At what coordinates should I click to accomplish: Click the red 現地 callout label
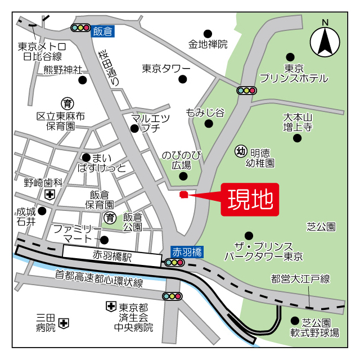tap(250, 199)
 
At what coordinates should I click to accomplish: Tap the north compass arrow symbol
tap(325, 41)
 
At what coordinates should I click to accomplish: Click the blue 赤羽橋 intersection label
tap(187, 251)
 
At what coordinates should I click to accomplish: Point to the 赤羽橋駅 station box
tap(112, 256)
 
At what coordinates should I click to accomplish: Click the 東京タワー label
tap(166, 69)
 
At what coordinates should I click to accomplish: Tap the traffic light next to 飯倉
tap(81, 27)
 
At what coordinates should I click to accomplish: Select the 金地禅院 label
tap(208, 44)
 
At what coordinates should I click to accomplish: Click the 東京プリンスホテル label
tap(294, 73)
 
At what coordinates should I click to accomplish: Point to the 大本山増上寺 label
tap(298, 122)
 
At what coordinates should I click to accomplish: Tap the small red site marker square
tap(183, 195)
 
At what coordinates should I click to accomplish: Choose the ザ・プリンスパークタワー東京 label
tap(264, 251)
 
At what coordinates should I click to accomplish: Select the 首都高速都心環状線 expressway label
tap(99, 279)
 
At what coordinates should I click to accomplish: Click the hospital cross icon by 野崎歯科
tap(50, 195)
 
